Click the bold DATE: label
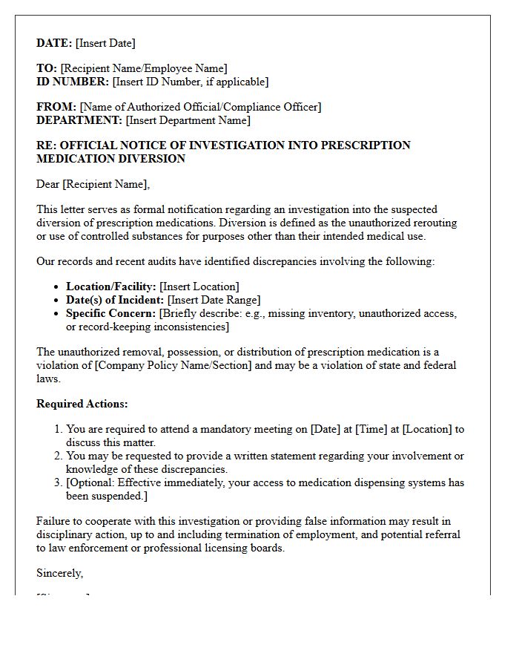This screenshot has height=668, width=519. (x=54, y=43)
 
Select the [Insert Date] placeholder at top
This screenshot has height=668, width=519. (x=105, y=43)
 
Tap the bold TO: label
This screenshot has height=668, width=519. (x=47, y=68)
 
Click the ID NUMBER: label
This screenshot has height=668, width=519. (x=73, y=82)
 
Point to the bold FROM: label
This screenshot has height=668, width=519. (x=56, y=107)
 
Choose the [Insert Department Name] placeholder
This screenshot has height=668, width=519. (x=188, y=120)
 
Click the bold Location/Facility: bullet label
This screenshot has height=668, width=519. (x=111, y=286)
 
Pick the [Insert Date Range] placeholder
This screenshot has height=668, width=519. (x=214, y=300)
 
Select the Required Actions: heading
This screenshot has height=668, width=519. (x=82, y=404)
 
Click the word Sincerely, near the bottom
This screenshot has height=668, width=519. (x=60, y=573)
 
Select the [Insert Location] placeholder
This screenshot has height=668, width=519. (x=199, y=286)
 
